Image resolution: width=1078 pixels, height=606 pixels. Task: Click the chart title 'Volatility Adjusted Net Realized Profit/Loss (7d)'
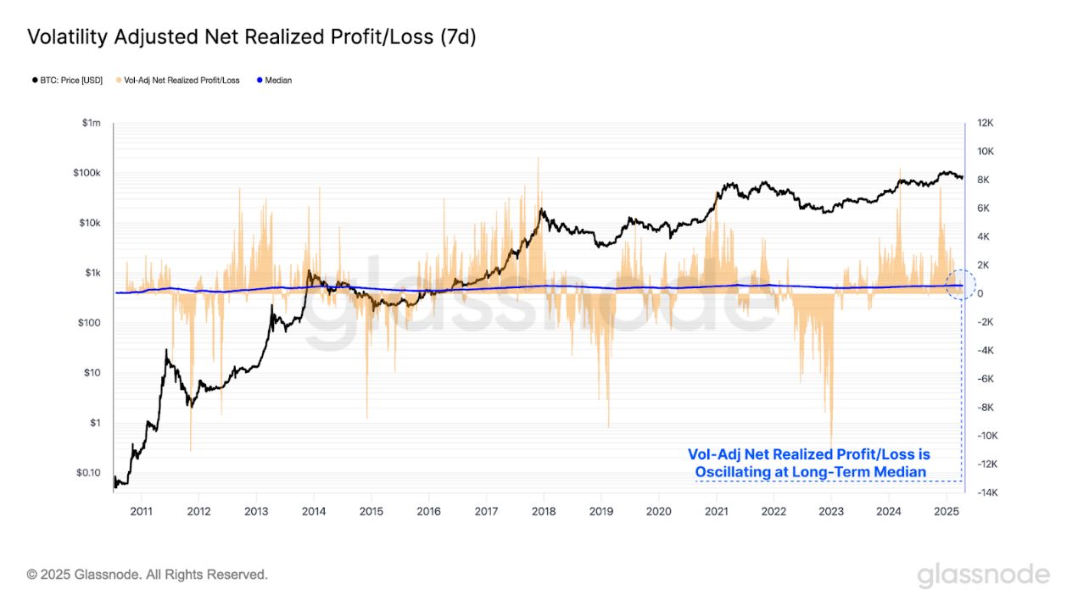[x=252, y=37]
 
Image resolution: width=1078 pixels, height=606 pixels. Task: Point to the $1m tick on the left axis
[x=91, y=124]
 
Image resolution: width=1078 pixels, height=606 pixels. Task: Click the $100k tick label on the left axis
[x=87, y=174]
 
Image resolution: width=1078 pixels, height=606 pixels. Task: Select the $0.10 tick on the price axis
[x=87, y=473]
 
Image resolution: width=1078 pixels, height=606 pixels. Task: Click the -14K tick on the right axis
[x=986, y=492]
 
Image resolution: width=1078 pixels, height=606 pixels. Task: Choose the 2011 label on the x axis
[x=141, y=511]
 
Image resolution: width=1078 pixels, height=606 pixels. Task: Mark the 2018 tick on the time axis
[x=544, y=511]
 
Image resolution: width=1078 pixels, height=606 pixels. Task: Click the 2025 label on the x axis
[x=946, y=511]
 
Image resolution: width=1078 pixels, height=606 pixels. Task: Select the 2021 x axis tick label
[x=716, y=511]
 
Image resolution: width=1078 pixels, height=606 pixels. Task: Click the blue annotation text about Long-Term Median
[x=808, y=464]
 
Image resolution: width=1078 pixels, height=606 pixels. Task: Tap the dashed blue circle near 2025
[x=961, y=286]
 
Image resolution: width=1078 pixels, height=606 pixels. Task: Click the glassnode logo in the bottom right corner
[x=983, y=575]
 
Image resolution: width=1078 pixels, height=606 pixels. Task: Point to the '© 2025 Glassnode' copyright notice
[x=148, y=575]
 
